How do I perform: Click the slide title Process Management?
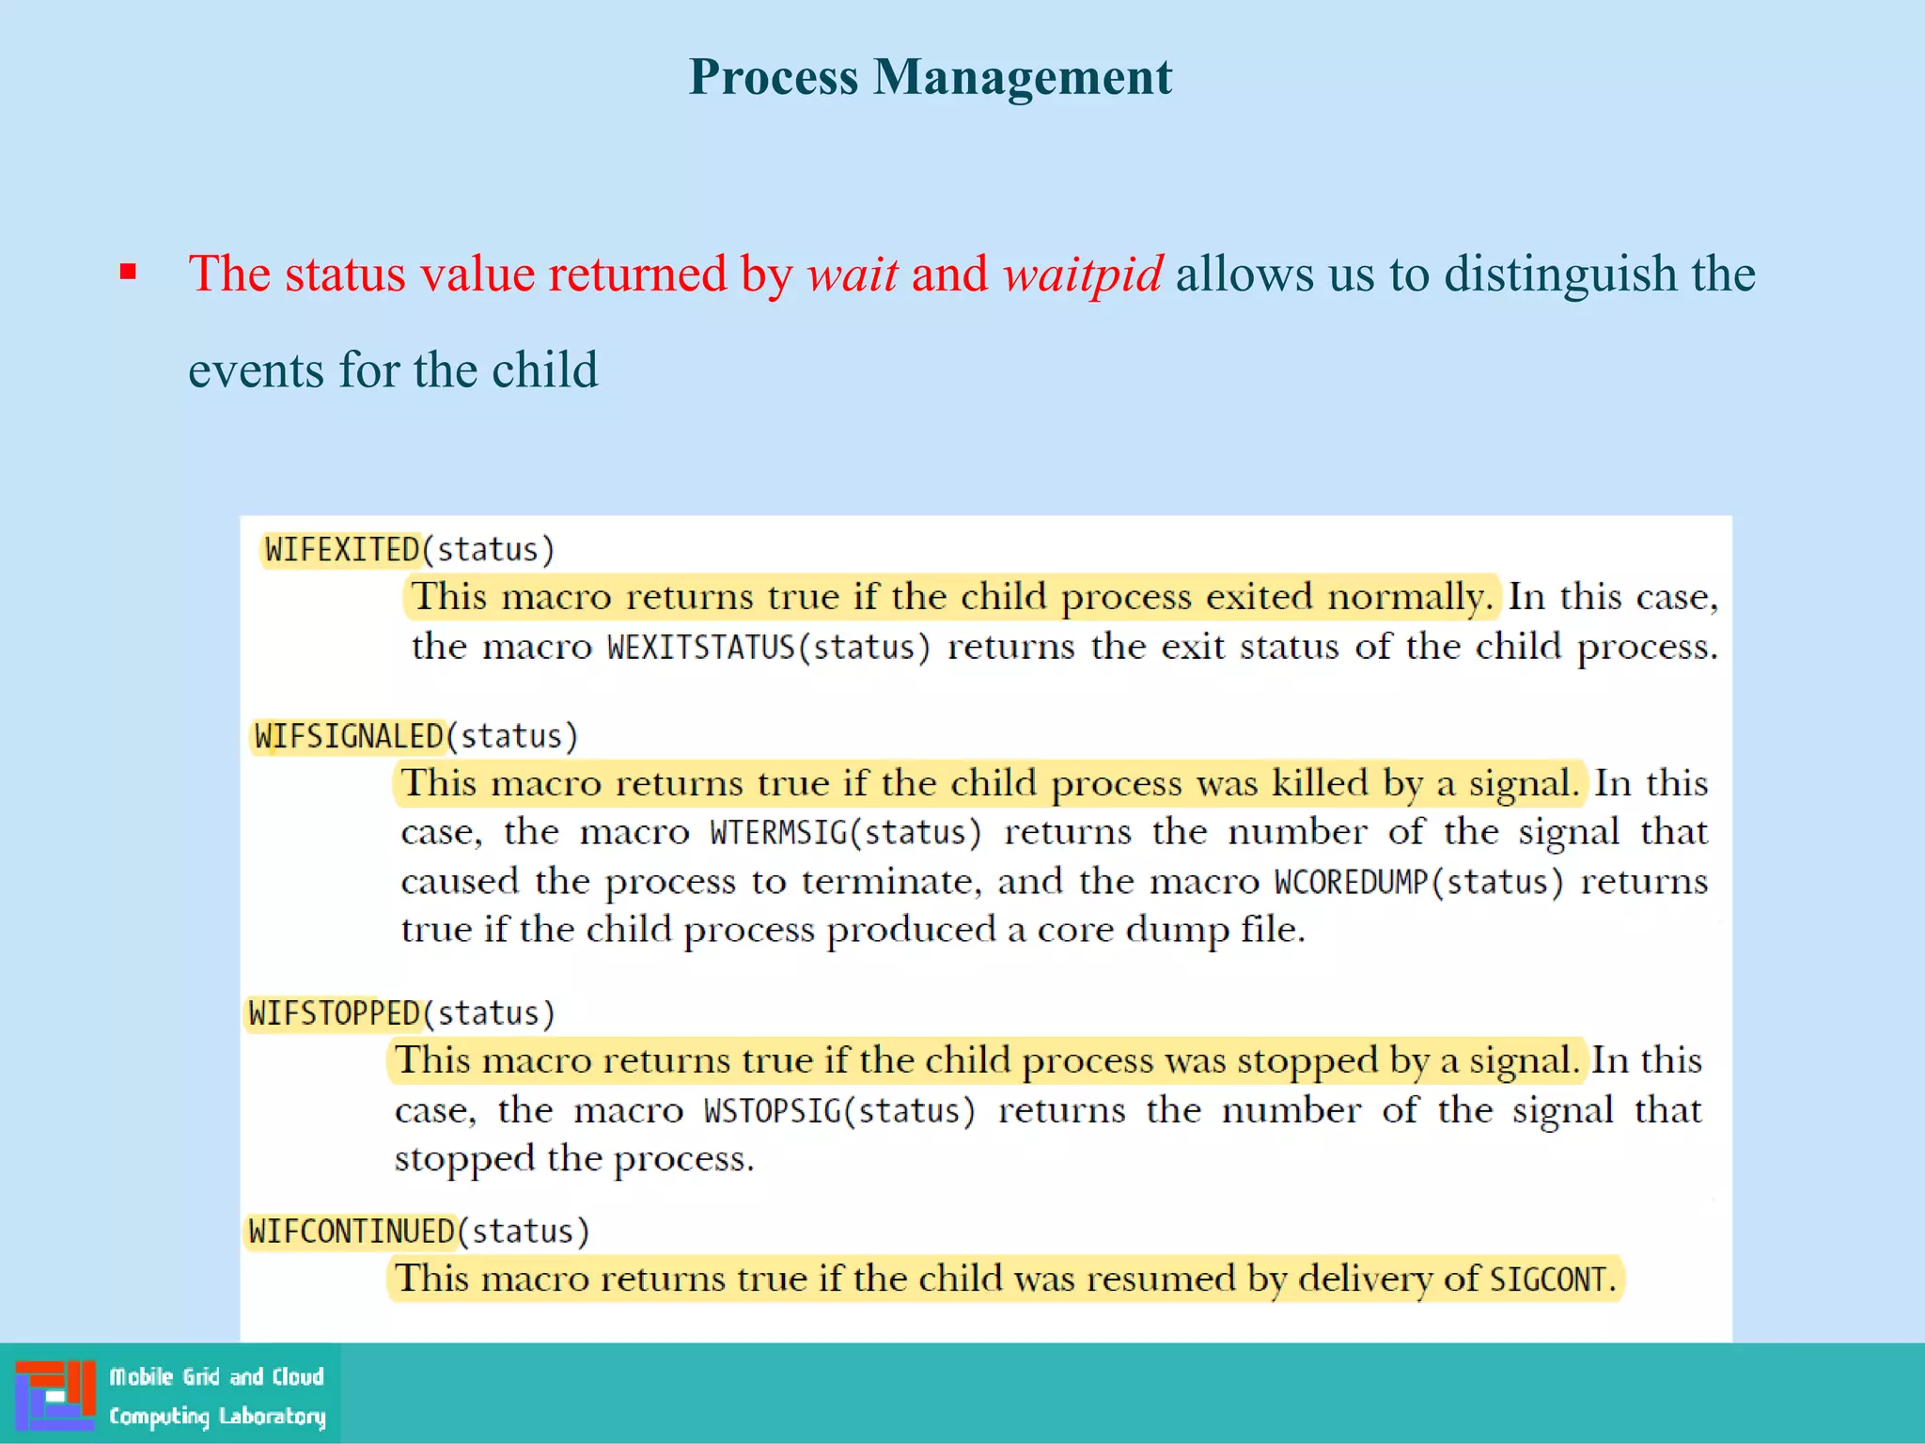[x=930, y=76]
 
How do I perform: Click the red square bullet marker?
[x=129, y=274]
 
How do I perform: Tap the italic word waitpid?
[x=1083, y=274]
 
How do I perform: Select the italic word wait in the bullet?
[x=853, y=274]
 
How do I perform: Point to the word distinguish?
[x=1560, y=274]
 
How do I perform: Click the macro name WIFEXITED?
[x=342, y=549]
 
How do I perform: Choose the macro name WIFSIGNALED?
[x=349, y=736]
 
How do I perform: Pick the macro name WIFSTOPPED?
[x=334, y=1013]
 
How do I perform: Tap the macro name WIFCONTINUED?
[x=352, y=1232]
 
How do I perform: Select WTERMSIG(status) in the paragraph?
[x=845, y=833]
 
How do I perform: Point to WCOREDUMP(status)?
[x=1418, y=882]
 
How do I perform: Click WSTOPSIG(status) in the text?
[x=839, y=1111]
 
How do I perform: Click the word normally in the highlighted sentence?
[x=1409, y=597]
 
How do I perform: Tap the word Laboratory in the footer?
[x=272, y=1416]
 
